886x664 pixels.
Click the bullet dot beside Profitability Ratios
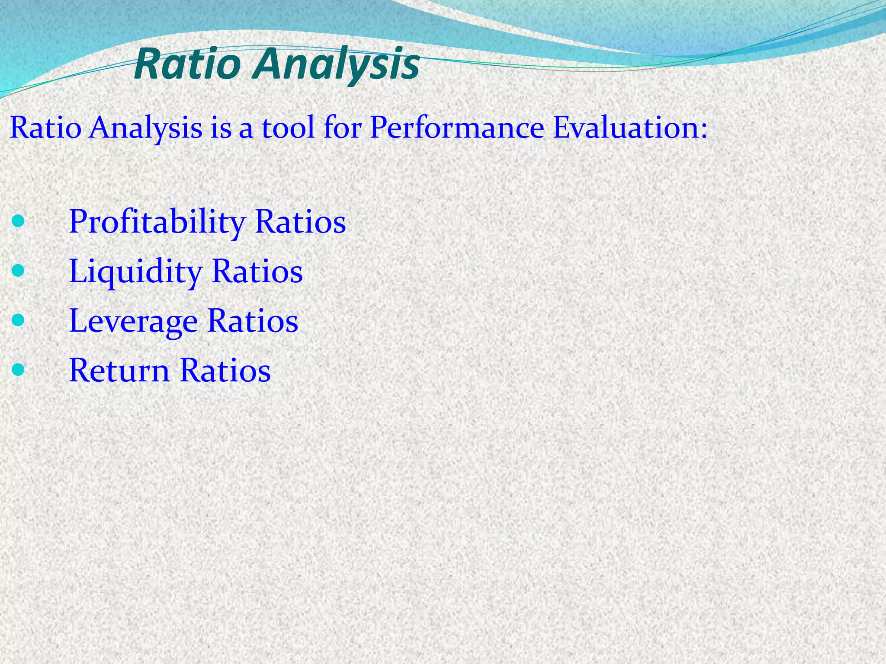[x=18, y=221]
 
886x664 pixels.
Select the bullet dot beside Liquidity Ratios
[x=18, y=271]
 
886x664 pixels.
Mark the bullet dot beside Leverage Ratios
[x=18, y=320]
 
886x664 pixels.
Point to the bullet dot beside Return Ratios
[x=18, y=370]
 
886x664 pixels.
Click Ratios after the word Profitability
[x=301, y=221]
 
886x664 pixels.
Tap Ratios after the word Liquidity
[x=257, y=271]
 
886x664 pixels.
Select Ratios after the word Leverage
[x=253, y=321]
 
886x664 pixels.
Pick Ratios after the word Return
[x=225, y=370]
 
